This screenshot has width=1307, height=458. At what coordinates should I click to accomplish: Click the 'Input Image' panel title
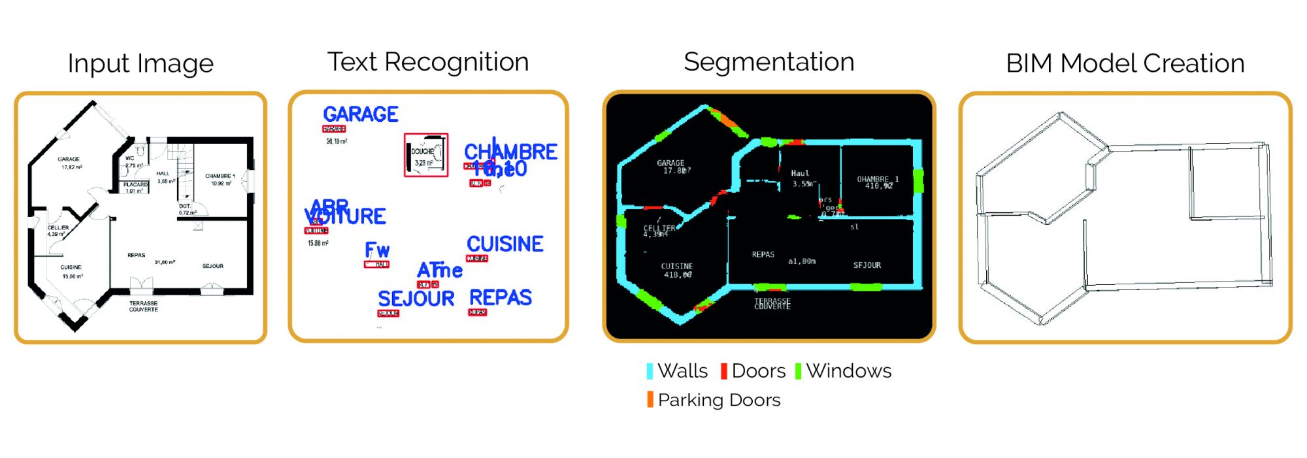tap(141, 64)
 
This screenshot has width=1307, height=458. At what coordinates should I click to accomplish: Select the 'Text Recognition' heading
tap(428, 62)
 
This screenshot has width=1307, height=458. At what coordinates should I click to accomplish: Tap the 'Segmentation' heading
tap(769, 62)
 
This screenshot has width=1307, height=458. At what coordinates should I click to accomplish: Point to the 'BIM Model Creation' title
tap(1125, 63)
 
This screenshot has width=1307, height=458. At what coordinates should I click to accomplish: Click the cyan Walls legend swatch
tap(650, 371)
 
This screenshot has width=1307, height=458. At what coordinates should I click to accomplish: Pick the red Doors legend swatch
tap(723, 371)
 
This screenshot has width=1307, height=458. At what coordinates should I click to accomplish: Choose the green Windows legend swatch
tap(798, 371)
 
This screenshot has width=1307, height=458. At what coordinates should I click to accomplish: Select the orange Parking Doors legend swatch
tap(650, 399)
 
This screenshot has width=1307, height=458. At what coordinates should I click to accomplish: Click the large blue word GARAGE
tap(361, 114)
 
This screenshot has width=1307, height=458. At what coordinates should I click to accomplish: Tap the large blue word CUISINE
tap(505, 244)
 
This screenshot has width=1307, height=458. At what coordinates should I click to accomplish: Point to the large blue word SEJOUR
tap(416, 299)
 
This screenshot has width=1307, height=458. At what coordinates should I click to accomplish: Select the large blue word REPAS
tap(501, 298)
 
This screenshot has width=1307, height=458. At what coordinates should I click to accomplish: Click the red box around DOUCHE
tap(426, 155)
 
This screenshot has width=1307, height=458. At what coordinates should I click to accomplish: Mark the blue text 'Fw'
tap(377, 250)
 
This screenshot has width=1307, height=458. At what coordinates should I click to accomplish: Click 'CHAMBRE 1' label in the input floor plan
tap(220, 176)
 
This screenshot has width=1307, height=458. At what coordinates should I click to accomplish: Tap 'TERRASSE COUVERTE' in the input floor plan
tap(143, 306)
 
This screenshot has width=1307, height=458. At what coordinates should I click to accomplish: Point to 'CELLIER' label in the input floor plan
tap(58, 227)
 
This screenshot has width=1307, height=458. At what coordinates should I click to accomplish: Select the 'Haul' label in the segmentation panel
tap(800, 173)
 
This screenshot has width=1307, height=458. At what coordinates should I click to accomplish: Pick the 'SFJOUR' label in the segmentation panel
tap(867, 265)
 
